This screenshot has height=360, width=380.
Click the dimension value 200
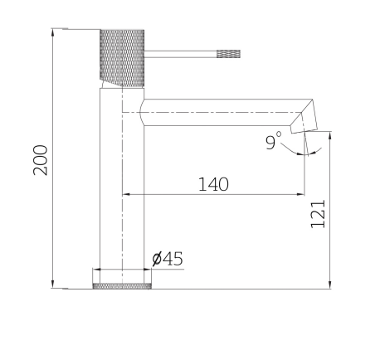pyautogui.click(x=40, y=159)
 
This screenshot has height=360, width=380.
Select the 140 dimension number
pyautogui.click(x=213, y=183)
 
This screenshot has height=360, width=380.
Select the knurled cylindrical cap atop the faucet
pyautogui.click(x=122, y=56)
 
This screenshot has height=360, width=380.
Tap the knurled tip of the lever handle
pyautogui.click(x=228, y=54)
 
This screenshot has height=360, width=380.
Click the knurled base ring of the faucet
pyautogui.click(x=122, y=286)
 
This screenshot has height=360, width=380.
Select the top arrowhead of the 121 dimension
pyautogui.click(x=330, y=134)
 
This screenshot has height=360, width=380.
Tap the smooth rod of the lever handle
pyautogui.click(x=180, y=54)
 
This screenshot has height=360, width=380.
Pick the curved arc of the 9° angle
pyautogui.click(x=297, y=153)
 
